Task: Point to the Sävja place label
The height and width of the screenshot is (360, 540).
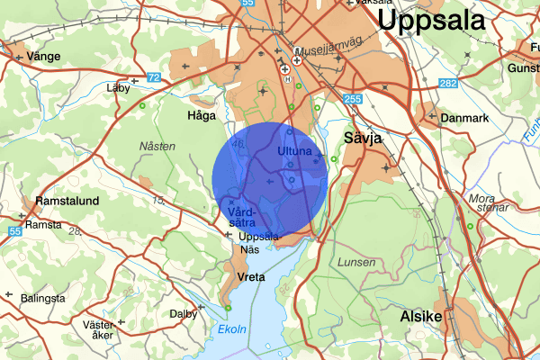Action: pos(364,138)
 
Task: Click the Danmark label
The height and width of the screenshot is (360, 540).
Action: pos(464,118)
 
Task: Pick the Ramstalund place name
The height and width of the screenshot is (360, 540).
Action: pos(66,201)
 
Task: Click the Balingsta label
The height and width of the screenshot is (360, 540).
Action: pos(42,298)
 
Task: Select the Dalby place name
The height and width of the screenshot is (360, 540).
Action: pos(183,315)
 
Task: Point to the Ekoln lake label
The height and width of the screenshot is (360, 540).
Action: pos(232,330)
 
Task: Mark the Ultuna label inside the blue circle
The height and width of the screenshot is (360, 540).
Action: pos(294,151)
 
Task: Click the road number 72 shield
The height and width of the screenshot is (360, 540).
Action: pos(153,78)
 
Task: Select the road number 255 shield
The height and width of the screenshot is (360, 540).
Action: pos(351,99)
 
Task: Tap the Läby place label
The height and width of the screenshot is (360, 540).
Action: pos(118,88)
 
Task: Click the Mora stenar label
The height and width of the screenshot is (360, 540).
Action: pos(484,203)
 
